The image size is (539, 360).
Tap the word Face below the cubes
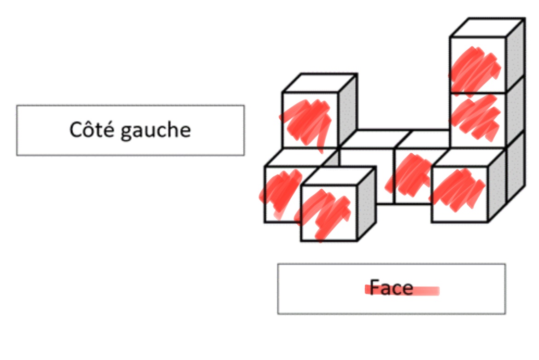[391, 288]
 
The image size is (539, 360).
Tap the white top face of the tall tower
[487, 28]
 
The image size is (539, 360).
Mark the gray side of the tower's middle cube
[516, 110]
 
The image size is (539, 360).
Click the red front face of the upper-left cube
[309, 120]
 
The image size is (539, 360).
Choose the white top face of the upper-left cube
[319, 83]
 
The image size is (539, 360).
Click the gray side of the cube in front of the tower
[497, 184]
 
